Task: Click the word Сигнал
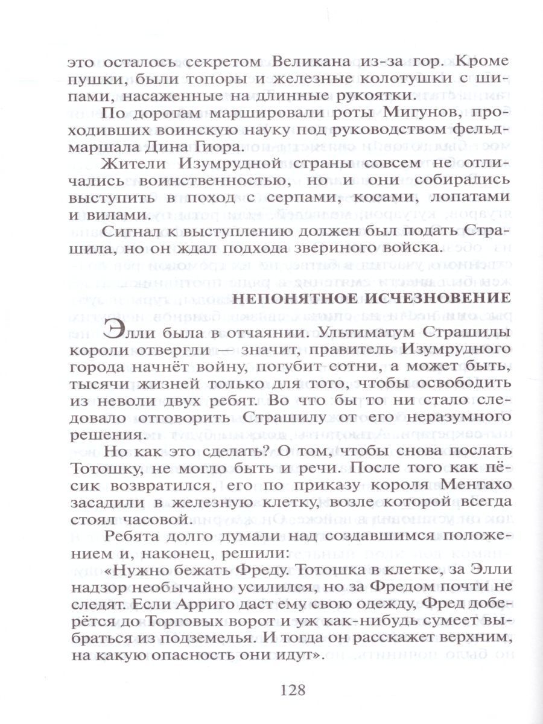[135, 247]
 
